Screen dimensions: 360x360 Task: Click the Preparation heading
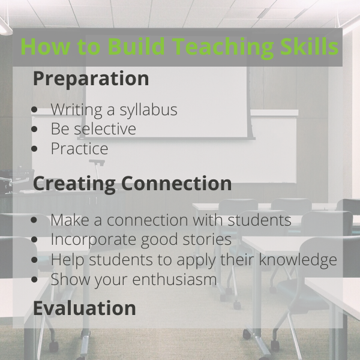click(91, 79)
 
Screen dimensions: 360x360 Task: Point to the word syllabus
click(148, 110)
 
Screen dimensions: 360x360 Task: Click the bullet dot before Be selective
click(34, 129)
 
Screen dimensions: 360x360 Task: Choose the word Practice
click(79, 149)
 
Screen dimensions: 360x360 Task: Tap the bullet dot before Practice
click(34, 149)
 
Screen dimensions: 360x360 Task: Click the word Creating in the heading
click(74, 184)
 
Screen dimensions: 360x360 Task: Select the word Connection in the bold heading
click(176, 183)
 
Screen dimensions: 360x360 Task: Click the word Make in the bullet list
click(70, 220)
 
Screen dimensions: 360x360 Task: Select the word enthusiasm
click(175, 279)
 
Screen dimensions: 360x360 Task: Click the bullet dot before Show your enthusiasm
click(34, 280)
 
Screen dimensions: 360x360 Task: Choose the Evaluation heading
click(85, 308)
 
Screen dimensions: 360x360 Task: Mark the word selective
click(105, 129)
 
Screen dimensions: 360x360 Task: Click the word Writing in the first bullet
click(76, 110)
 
